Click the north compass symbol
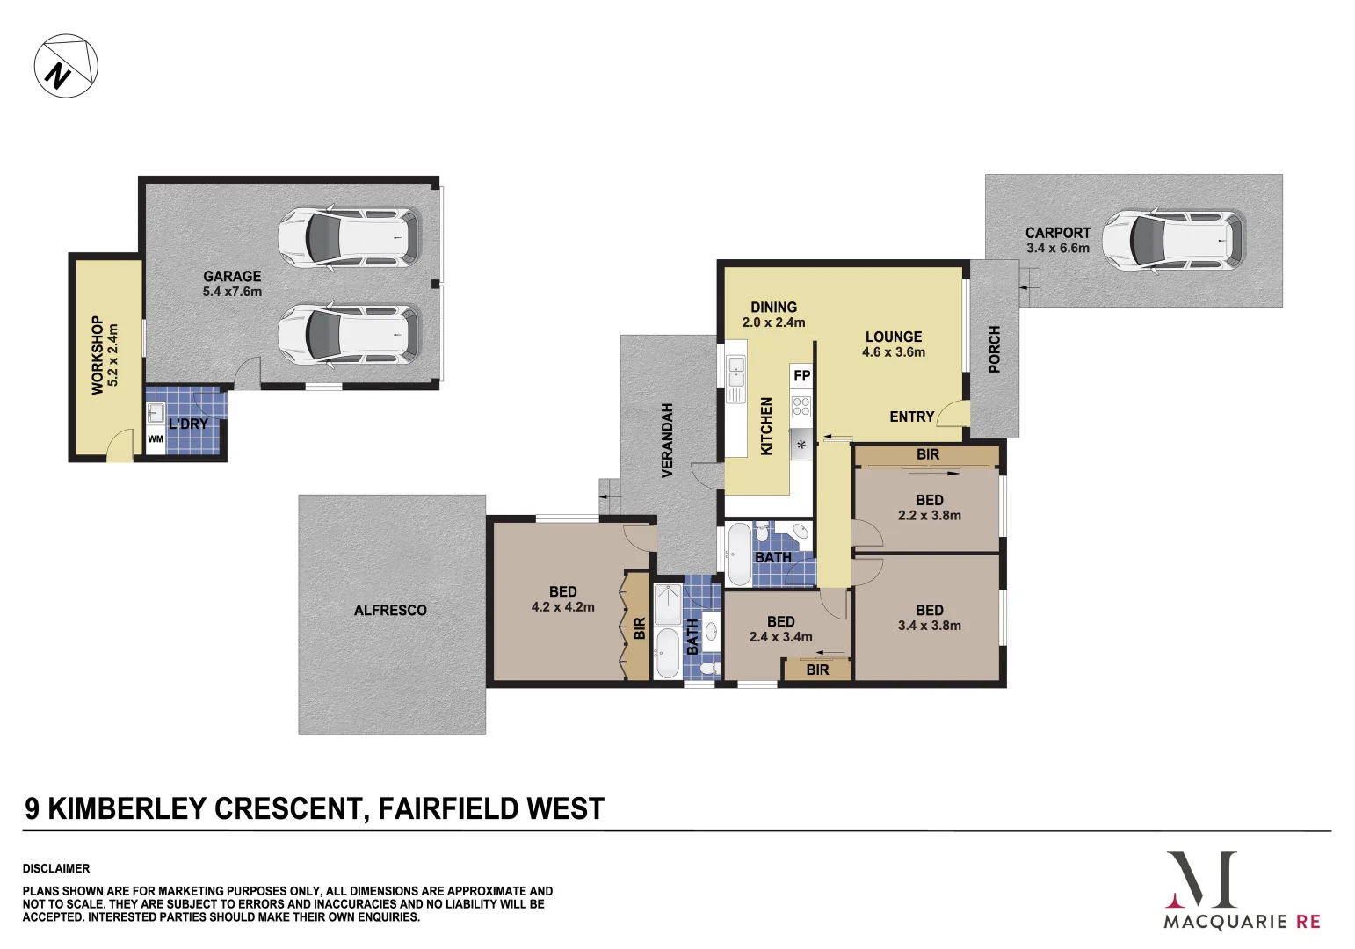click(66, 66)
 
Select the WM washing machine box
click(156, 439)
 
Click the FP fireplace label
click(801, 376)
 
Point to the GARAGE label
click(232, 276)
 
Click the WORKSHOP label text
click(98, 355)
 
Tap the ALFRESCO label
click(390, 610)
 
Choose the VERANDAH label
click(667, 440)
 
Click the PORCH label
click(995, 349)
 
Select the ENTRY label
click(911, 417)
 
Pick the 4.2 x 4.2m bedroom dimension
click(562, 607)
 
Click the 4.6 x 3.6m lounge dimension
click(893, 352)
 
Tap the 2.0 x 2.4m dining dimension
click(773, 322)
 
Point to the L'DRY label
click(189, 424)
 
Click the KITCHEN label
click(766, 425)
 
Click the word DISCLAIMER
click(56, 868)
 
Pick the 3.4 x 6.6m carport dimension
click(1057, 248)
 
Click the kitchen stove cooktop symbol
click(801, 406)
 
